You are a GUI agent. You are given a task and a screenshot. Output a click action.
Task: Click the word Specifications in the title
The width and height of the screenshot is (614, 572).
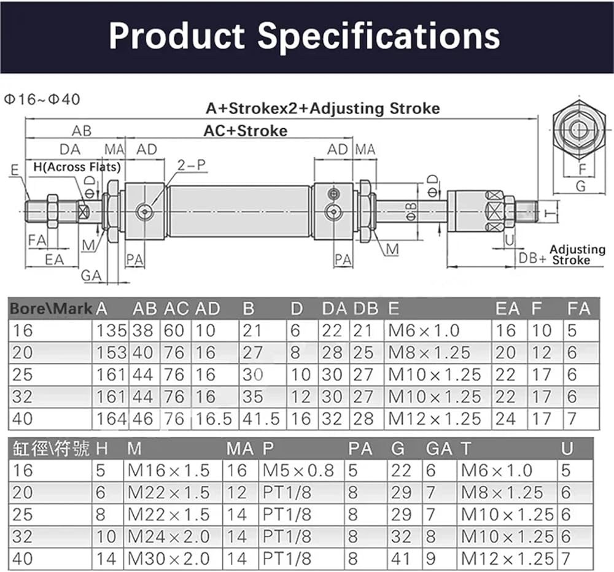379,36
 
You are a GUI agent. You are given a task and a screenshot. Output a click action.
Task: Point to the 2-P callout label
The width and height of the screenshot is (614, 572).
192,165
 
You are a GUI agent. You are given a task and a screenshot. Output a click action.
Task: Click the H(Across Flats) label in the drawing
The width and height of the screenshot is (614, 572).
77,167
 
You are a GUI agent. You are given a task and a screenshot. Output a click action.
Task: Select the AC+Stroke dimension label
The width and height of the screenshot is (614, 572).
246,131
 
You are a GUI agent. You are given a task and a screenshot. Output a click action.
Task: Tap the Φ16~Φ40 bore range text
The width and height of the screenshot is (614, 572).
42,99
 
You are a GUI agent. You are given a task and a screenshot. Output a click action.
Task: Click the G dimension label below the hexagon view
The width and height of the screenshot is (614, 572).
581,185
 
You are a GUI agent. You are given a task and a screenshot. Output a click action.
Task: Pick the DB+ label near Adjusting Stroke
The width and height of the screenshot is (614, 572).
532,258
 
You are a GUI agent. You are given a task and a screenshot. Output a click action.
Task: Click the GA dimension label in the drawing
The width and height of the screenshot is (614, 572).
91,276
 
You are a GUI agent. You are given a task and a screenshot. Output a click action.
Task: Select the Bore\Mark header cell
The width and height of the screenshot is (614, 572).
51,309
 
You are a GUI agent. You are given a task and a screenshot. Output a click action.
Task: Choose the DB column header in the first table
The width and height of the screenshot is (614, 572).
366,309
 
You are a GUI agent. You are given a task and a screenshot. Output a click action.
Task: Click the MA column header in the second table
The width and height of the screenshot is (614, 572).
240,449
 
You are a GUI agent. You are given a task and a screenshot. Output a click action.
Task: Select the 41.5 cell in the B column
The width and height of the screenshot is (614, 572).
261,419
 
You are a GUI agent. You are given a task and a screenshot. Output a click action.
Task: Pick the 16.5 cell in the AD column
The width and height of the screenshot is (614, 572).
214,419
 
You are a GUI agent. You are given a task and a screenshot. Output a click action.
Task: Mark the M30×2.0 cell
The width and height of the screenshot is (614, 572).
169,558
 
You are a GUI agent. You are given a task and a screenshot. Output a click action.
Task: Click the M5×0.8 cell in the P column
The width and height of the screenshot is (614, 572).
298,471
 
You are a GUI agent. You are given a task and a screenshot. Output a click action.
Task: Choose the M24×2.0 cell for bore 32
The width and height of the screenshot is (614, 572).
169,537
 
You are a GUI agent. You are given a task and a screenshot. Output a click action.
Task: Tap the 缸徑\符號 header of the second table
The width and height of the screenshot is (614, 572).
51,449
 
